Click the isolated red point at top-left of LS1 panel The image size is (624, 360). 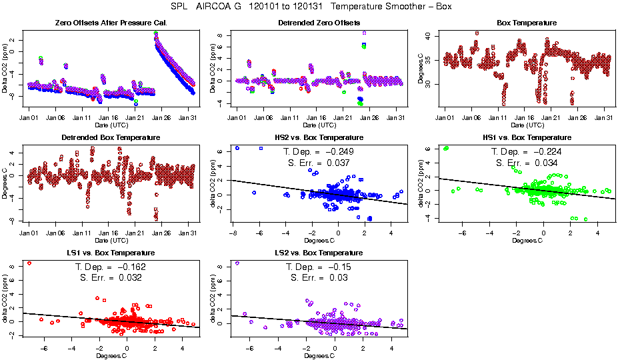point(29,263)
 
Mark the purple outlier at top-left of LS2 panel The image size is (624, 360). point(237,263)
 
